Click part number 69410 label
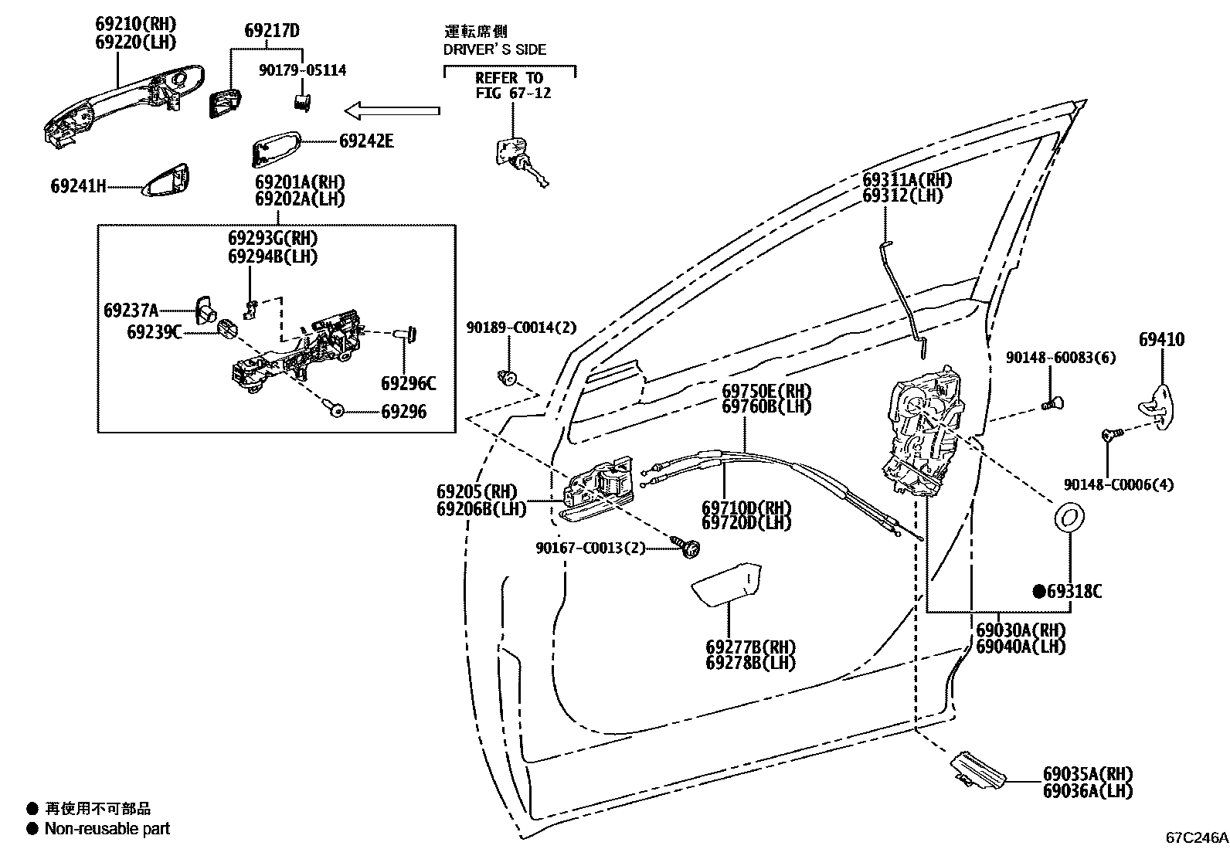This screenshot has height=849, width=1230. click(1161, 340)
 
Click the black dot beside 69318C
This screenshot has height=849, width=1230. click(1040, 592)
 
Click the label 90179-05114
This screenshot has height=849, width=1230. click(302, 70)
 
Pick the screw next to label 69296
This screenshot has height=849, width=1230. click(337, 410)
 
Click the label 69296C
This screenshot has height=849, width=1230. click(408, 384)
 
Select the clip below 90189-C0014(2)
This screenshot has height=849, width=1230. click(507, 378)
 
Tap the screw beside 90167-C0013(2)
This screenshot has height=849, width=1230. click(690, 548)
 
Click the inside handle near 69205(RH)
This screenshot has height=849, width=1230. click(599, 487)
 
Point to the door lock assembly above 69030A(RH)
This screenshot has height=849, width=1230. click(923, 433)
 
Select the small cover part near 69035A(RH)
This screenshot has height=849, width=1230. click(978, 769)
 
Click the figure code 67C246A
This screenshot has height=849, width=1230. click(1197, 837)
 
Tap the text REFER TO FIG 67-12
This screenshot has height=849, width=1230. click(509, 85)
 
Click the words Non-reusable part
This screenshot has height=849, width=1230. click(107, 829)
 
